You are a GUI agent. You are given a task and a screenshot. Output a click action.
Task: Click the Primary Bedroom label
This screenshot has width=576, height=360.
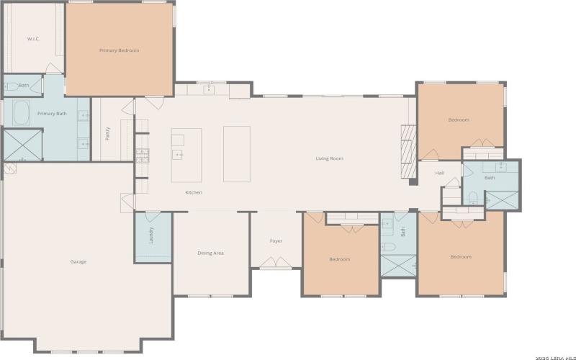point(119,50)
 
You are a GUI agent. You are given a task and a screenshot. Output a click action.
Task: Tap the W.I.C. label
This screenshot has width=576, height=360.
point(33,39)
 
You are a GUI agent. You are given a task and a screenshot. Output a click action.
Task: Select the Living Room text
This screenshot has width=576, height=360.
point(330,158)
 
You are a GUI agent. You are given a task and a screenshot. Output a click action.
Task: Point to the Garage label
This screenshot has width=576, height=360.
point(78,261)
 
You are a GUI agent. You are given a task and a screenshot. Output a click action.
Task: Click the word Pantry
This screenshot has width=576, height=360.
point(107,134)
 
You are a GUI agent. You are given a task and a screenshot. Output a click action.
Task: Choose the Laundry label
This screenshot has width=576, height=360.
point(150,235)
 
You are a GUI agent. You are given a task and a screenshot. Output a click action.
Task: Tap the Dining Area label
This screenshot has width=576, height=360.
point(210,253)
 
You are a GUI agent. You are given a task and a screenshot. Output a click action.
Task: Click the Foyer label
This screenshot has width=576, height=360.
point(276,241)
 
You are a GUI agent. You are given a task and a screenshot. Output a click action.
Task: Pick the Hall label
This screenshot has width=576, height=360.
point(439,173)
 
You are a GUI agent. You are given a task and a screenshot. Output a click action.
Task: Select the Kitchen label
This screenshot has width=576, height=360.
point(194,192)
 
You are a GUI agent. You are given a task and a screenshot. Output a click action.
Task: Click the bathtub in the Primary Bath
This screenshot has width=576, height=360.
point(22,113)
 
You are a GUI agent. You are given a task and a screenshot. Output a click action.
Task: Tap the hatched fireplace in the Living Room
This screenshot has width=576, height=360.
point(408,152)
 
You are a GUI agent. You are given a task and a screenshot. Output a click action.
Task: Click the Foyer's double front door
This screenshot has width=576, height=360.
point(276,262)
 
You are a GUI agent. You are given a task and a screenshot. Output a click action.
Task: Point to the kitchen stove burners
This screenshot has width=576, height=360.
point(143,156)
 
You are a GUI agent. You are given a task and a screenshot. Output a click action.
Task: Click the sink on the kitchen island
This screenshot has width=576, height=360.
point(178,155)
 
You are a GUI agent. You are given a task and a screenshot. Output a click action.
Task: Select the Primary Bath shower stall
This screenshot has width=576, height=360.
point(22,145)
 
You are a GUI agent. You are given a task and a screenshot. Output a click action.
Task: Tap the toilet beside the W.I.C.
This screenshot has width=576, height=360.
point(11,86)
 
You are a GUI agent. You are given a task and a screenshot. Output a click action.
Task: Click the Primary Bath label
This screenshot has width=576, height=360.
point(52,114)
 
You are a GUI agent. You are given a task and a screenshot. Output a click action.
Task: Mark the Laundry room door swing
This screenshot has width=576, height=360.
point(153,217)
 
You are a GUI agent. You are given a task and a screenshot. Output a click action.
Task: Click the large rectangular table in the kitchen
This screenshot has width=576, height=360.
point(237,154)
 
